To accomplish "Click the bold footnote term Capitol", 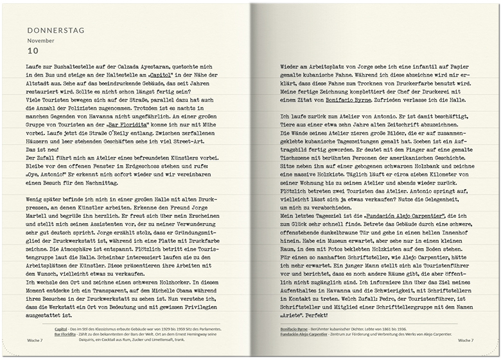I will pos(61,328).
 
